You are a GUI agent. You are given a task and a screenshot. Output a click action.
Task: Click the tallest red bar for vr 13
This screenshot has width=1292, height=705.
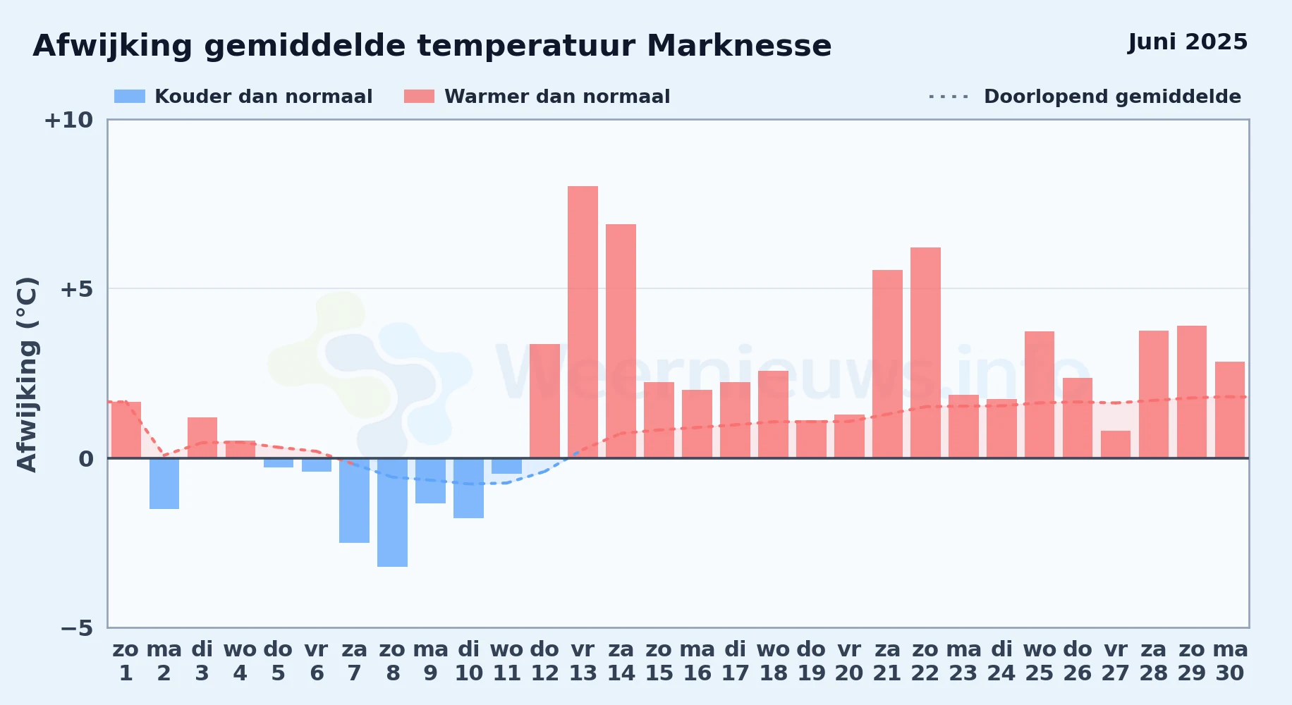point(583,322)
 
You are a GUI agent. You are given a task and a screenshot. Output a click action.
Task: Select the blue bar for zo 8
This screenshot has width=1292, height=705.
point(392,513)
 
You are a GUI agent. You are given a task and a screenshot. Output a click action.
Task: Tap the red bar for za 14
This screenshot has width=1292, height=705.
point(621,341)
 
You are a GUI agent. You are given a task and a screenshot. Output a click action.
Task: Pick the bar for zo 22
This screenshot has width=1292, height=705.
point(925,352)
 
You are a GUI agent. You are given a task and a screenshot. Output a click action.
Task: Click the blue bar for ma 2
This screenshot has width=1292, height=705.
point(164,484)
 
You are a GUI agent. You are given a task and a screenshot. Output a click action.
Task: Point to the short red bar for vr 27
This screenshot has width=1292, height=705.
point(1116,444)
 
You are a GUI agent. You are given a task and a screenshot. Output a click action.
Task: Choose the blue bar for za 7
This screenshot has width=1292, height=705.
point(354,501)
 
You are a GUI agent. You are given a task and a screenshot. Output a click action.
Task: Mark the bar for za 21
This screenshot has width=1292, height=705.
point(887,364)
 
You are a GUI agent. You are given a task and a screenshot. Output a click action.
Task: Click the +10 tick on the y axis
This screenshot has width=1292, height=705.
point(68,120)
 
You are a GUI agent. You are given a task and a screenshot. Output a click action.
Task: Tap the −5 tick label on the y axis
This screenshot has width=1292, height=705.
point(76,628)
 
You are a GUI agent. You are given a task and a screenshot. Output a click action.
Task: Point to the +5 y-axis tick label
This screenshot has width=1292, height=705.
point(76,289)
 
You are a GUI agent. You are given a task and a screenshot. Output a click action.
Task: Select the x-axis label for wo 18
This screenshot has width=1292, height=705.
point(773,661)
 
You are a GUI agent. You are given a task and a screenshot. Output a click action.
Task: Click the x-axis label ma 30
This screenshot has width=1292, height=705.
point(1230,661)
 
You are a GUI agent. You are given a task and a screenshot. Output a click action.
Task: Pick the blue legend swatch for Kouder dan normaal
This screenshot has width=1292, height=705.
point(130,97)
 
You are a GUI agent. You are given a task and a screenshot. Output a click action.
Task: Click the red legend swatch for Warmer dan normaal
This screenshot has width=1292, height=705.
point(419,97)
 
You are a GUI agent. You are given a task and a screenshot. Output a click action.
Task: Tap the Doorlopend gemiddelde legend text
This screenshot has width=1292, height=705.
point(1112,97)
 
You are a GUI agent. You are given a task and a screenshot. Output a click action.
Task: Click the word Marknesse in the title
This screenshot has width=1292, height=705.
point(739,46)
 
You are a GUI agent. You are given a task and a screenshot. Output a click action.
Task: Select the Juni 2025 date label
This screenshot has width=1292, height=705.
point(1188,42)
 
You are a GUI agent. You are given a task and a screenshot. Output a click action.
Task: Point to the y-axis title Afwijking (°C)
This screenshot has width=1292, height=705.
point(27,374)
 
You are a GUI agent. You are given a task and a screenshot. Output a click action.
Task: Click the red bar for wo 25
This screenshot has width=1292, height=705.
point(1040,395)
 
